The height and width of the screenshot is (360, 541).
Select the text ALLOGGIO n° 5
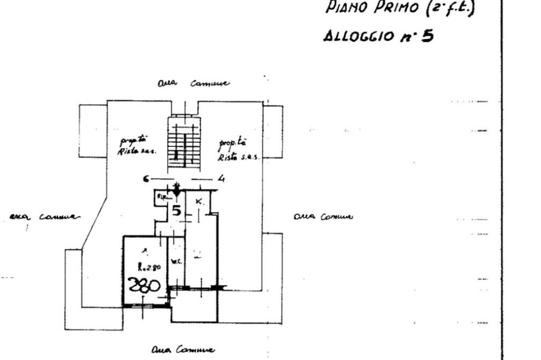[x=378, y=36]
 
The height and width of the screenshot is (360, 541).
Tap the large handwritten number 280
[x=144, y=286]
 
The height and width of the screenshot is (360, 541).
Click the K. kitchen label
[x=199, y=202]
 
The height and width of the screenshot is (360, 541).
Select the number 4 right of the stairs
[x=221, y=178]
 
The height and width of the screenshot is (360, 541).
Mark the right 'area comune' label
[x=322, y=216]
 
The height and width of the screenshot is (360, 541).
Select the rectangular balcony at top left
[x=93, y=131]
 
